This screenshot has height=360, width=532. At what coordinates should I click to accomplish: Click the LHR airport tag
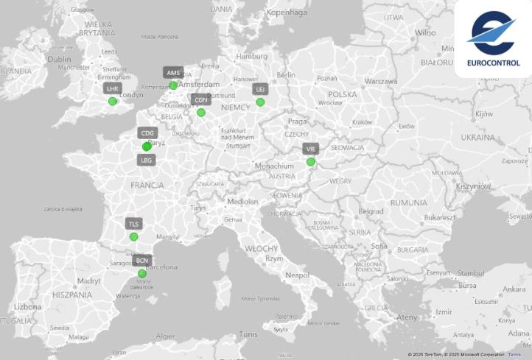pyautogui.click(x=112, y=88)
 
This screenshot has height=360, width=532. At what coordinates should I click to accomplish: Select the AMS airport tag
pyautogui.click(x=173, y=73)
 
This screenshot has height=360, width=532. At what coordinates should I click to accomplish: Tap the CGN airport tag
pyautogui.click(x=200, y=99)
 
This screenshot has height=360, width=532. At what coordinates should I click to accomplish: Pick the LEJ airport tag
pyautogui.click(x=259, y=89)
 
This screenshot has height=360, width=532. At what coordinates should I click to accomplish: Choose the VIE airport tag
pyautogui.click(x=310, y=149)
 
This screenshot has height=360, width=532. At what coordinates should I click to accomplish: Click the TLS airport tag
pyautogui.click(x=133, y=224)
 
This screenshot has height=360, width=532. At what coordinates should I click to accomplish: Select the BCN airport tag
pyautogui.click(x=141, y=261)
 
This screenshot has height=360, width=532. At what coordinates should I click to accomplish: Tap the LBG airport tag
pyautogui.click(x=147, y=160)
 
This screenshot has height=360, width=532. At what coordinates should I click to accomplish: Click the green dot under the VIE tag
pyautogui.click(x=311, y=162)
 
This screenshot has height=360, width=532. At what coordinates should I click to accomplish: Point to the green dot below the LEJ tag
pyautogui.click(x=260, y=102)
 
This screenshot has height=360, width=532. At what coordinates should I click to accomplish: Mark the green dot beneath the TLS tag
pyautogui.click(x=133, y=237)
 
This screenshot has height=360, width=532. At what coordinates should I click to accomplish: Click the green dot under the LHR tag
pyautogui.click(x=113, y=102)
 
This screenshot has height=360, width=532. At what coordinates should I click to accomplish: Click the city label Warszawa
pyautogui.click(x=381, y=80)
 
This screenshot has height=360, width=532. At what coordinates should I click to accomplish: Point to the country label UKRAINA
pyautogui.click(x=477, y=138)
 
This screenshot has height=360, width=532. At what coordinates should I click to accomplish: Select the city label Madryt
pyautogui.click(x=88, y=280)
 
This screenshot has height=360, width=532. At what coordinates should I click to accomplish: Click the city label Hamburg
pyautogui.click(x=253, y=56)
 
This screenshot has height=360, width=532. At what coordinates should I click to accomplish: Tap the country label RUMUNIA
pyautogui.click(x=408, y=202)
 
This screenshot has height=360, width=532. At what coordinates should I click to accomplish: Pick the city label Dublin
pyautogui.click(x=59, y=59)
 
